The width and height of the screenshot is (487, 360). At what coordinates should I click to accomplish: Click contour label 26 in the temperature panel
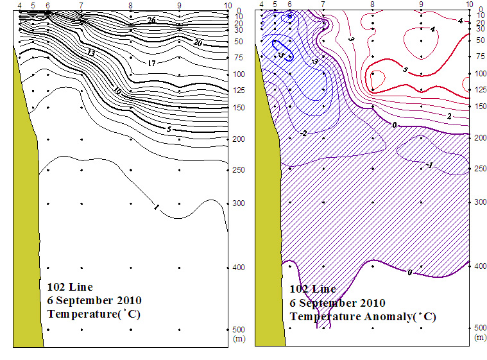tap(151, 21)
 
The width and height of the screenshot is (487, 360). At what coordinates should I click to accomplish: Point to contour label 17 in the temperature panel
tap(151, 64)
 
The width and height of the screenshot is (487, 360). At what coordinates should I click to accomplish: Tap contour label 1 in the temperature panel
tap(156, 207)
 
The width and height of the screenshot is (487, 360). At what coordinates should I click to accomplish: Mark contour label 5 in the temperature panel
tap(168, 129)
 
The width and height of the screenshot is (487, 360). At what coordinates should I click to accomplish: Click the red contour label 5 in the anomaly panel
tap(405, 69)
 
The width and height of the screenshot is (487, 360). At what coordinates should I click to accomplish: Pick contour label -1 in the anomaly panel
tap(429, 166)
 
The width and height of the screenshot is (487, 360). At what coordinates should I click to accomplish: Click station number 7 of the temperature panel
tap(80, 5)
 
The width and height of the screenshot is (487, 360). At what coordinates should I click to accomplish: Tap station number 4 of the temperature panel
tap(21, 5)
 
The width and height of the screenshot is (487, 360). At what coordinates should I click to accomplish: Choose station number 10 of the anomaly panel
tap(470, 4)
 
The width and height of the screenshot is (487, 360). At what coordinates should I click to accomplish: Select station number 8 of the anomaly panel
tap(372, 4)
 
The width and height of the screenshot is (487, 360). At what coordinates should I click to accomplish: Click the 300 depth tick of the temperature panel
tap(239, 203)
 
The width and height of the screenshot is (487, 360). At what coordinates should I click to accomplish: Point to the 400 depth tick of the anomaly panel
tap(480, 265)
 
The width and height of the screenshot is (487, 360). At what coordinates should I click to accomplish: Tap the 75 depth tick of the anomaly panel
tap(480, 56)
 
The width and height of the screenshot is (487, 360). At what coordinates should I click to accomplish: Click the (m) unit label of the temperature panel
tap(239, 338)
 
